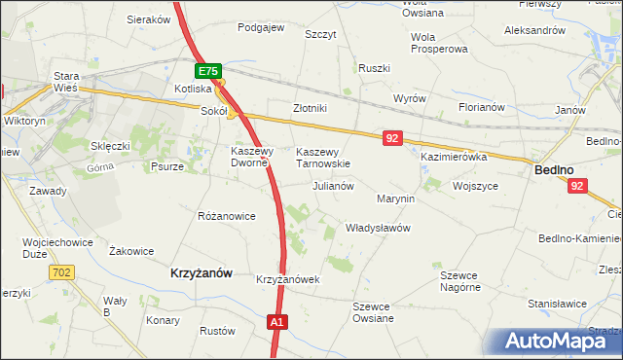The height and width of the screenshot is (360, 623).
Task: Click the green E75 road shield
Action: tap(208, 71)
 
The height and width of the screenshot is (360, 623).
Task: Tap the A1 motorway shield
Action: tap(277, 322)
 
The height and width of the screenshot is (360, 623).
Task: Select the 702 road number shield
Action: tap(63, 272)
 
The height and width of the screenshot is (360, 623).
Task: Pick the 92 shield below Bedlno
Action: tap(577, 186)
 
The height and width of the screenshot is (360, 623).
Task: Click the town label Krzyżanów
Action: tap(201, 274)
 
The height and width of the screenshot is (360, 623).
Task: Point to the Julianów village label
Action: tap(332, 185)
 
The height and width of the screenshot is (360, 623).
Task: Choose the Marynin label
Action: tap(395, 198)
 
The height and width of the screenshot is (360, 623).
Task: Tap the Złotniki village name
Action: tap(310, 108)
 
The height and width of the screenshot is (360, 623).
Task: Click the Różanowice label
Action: tap(226, 215)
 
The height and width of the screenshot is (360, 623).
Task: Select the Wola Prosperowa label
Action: tap(439, 42)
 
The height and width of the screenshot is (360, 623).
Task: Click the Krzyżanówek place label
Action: tap(288, 279)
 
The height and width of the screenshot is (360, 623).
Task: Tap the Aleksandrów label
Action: tap(534, 30)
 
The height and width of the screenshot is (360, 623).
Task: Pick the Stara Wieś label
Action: tap(66, 82)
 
